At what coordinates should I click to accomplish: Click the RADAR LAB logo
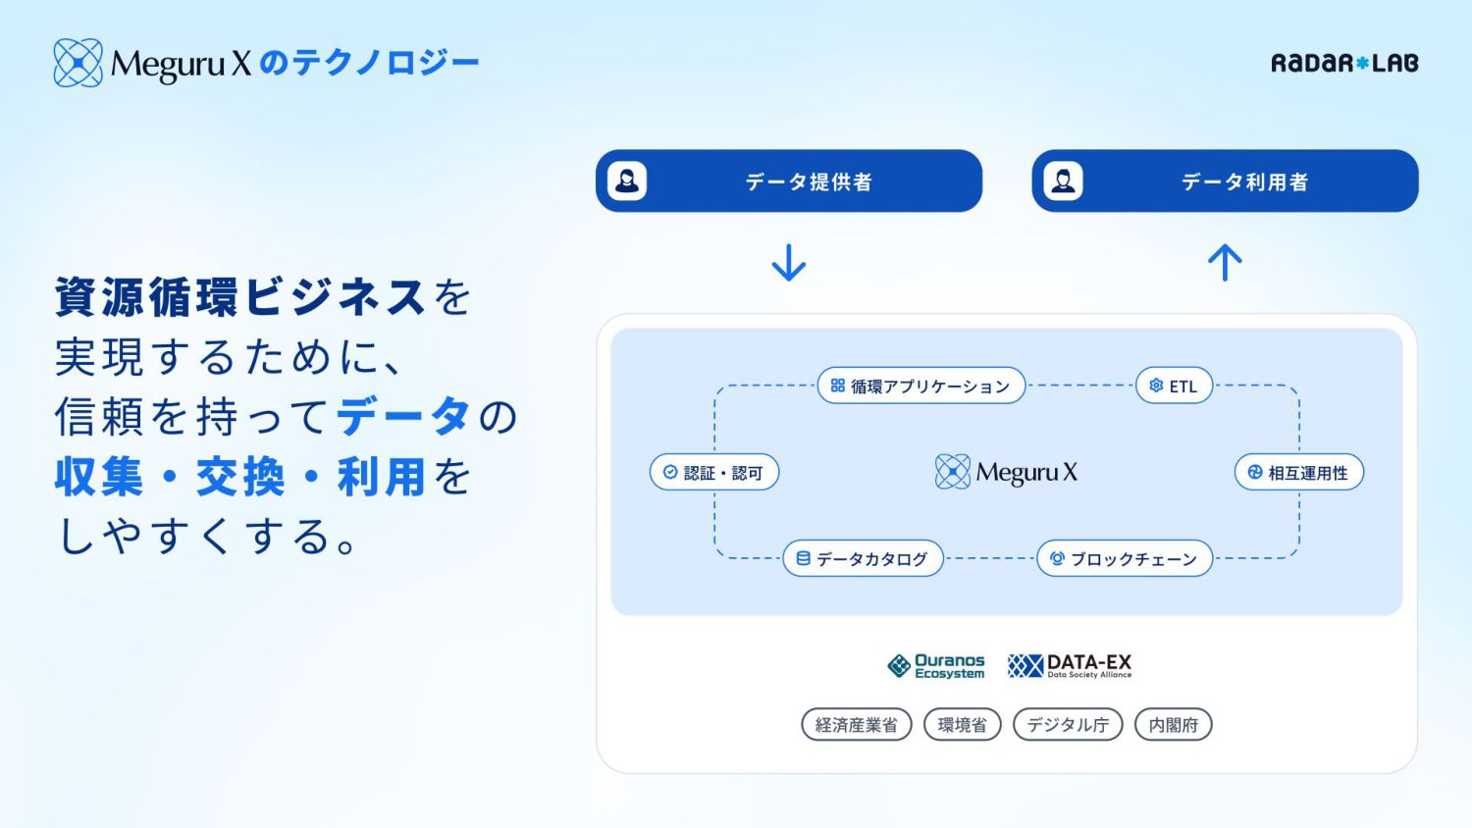tap(1343, 63)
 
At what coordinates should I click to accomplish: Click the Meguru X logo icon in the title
tap(78, 63)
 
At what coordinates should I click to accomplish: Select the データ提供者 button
tap(788, 181)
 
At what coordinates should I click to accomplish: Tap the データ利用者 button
tap(1225, 181)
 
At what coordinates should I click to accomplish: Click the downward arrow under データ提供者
tap(788, 263)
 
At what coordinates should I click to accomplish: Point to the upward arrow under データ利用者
tap(1225, 262)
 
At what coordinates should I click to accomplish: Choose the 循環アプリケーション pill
tap(920, 386)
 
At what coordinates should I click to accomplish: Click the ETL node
tap(1174, 386)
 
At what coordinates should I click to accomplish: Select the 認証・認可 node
tap(713, 472)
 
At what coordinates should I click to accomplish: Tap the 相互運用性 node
tap(1298, 472)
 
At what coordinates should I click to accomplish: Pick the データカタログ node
tap(863, 558)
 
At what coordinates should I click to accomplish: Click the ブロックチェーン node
tap(1125, 558)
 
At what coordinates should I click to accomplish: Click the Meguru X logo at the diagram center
tap(1006, 472)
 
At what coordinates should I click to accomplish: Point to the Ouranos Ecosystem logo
tap(936, 666)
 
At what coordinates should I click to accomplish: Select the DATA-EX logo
tap(1070, 666)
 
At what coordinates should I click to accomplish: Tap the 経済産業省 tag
tap(856, 725)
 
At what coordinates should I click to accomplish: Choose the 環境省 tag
tap(962, 725)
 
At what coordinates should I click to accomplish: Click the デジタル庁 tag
tap(1068, 725)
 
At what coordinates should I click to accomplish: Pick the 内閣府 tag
tap(1173, 725)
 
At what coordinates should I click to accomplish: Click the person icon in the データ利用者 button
tap(1063, 181)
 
